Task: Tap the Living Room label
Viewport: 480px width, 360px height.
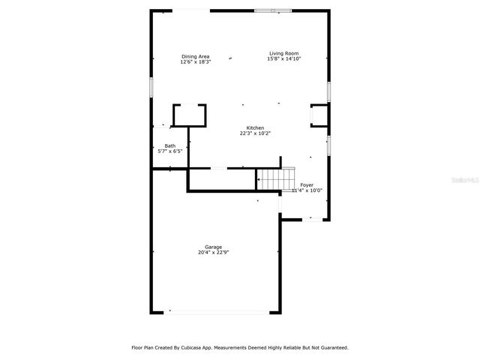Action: coord(284,53)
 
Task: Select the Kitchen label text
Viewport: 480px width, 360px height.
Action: coord(255,128)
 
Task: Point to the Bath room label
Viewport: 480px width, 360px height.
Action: coord(170,145)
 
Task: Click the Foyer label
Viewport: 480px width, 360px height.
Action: coord(307,184)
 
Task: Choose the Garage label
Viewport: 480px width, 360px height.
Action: coord(214,247)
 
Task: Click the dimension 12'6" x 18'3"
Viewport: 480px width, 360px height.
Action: coord(195,62)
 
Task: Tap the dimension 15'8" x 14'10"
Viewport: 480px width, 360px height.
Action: coord(284,58)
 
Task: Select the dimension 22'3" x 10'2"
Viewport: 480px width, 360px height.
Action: coord(255,133)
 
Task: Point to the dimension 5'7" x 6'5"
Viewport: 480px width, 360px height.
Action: coord(170,151)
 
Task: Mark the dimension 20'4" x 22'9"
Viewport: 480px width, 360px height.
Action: coord(214,253)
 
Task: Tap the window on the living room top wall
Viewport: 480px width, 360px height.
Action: coord(273,10)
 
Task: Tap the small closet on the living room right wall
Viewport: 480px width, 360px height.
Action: coord(319,115)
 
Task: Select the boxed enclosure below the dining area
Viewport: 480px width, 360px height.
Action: coord(189,115)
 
